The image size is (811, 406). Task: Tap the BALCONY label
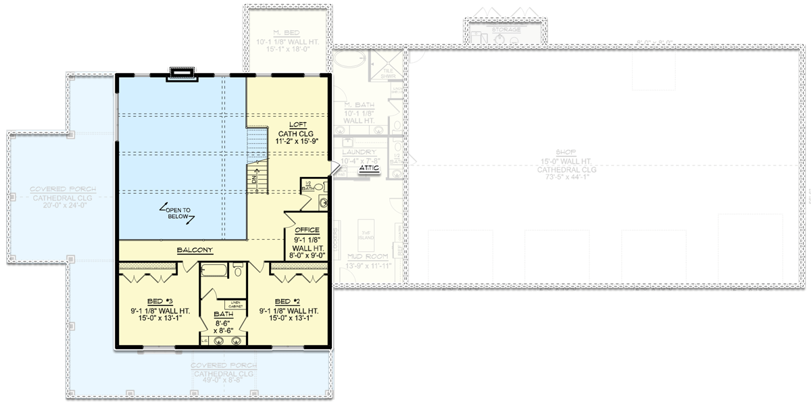point(195,250)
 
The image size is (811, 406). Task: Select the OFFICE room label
point(307,230)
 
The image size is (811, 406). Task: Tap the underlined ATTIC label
point(369,168)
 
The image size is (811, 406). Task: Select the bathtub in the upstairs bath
point(216,272)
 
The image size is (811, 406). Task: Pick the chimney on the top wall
point(182,74)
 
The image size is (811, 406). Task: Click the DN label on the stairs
point(254,180)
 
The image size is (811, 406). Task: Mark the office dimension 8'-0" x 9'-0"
point(307,255)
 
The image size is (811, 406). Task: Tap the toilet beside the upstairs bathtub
point(239,271)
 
